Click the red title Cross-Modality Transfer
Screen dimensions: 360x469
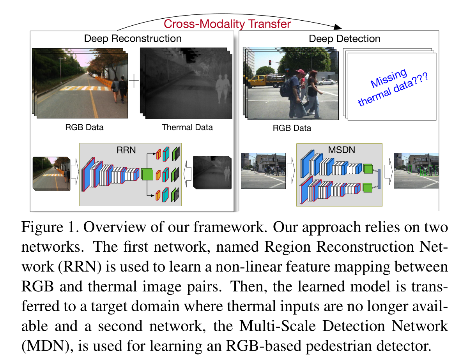pos(227,24)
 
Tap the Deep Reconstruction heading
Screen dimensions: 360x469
pos(133,39)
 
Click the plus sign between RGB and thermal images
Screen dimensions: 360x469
pos(134,81)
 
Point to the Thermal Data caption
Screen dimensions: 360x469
pos(187,127)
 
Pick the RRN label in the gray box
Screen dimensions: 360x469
pos(126,150)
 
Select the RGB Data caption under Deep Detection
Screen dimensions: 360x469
pos(292,128)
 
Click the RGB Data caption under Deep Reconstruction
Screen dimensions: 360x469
pos(84,127)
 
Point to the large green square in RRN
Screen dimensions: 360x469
pos(147,174)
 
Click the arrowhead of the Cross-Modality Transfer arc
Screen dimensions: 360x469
pos(338,27)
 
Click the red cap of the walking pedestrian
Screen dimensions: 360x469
pos(300,72)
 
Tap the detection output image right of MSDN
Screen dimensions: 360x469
pos(416,170)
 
